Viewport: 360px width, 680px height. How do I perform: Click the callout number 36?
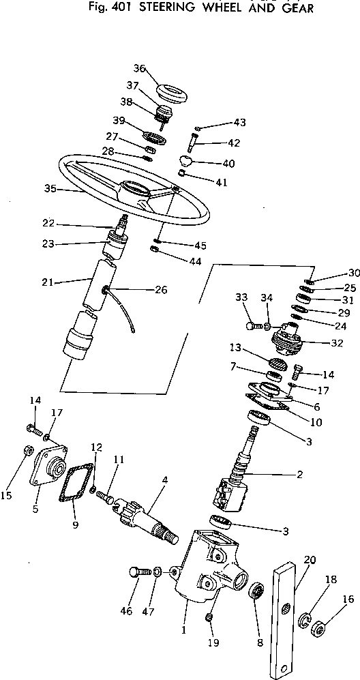139,68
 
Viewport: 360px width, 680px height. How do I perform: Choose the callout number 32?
337,343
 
